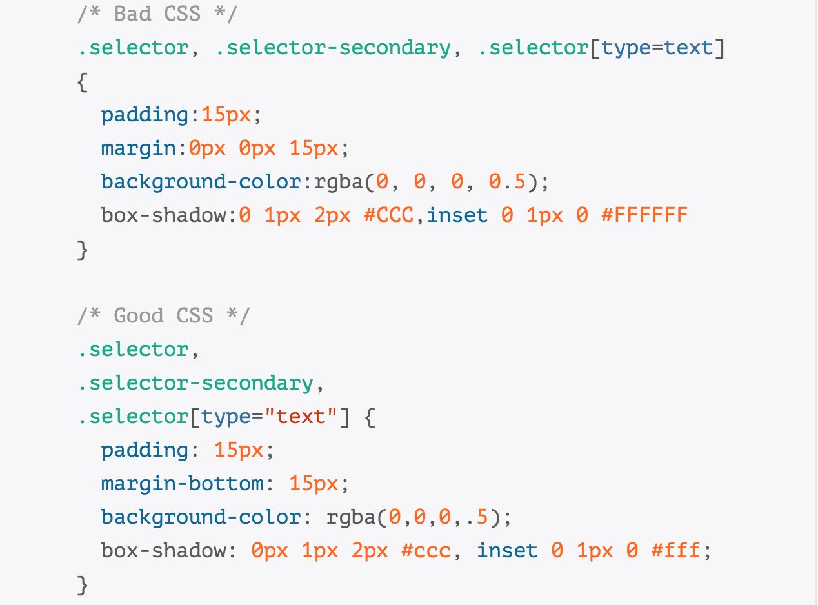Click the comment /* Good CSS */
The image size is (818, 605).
(163, 315)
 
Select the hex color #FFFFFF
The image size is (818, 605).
(644, 215)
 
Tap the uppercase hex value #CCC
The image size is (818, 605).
(388, 215)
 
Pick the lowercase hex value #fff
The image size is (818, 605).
(675, 551)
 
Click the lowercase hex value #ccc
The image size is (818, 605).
(426, 551)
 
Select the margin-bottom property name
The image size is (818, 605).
(182, 484)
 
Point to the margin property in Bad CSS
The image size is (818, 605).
(138, 148)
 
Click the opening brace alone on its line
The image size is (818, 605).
(82, 81)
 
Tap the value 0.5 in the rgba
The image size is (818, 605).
(507, 182)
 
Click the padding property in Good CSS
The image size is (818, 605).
(145, 450)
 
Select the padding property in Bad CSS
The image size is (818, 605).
(145, 115)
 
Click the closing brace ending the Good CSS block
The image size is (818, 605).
(82, 584)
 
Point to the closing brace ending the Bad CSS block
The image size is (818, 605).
(82, 249)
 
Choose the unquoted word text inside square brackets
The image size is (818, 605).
(688, 48)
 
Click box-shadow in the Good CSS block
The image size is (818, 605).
(163, 551)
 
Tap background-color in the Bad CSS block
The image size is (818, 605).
(201, 182)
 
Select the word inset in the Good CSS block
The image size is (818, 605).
(508, 551)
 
